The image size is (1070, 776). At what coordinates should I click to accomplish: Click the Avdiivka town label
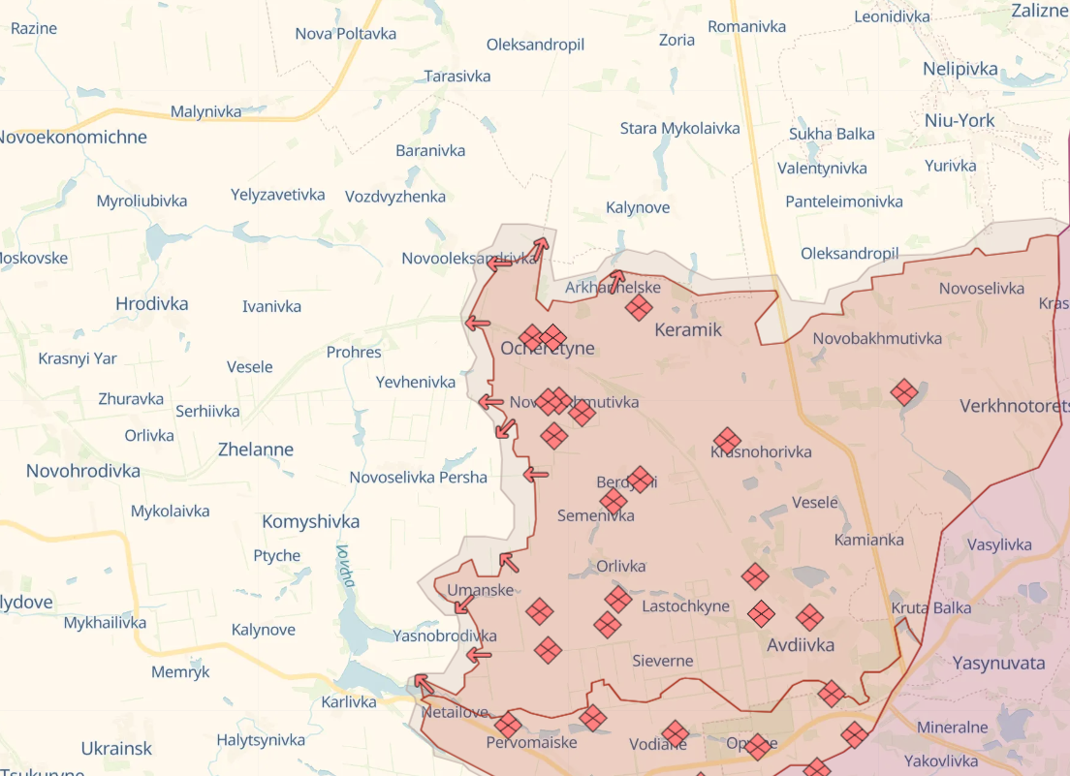coord(800,644)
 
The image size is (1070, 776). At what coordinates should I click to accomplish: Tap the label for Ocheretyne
coord(548,349)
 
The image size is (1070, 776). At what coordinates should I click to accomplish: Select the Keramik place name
coord(688,329)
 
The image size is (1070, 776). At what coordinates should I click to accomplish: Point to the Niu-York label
coord(959,121)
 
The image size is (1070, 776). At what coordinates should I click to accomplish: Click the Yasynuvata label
coord(998,664)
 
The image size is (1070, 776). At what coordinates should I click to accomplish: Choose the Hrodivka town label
coord(151,303)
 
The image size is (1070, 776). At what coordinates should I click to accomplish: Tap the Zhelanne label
coord(256,450)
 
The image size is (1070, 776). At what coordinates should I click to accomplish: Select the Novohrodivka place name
coord(83,471)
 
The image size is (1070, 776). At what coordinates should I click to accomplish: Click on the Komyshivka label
coord(310,521)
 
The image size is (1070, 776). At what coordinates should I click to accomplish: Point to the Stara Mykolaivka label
coord(679,128)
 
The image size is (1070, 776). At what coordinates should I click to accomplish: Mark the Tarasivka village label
coord(457,76)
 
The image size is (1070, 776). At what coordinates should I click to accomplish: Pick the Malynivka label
coord(205,111)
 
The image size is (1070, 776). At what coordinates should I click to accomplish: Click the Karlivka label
coord(349,701)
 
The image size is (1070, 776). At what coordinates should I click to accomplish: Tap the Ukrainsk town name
coord(116,749)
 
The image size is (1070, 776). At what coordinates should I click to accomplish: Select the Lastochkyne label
coord(685,606)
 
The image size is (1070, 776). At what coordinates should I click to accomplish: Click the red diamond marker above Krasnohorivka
coord(727,440)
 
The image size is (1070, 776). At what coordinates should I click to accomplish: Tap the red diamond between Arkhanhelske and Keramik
coord(639,308)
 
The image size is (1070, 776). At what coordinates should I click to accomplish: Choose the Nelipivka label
coord(960,69)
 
